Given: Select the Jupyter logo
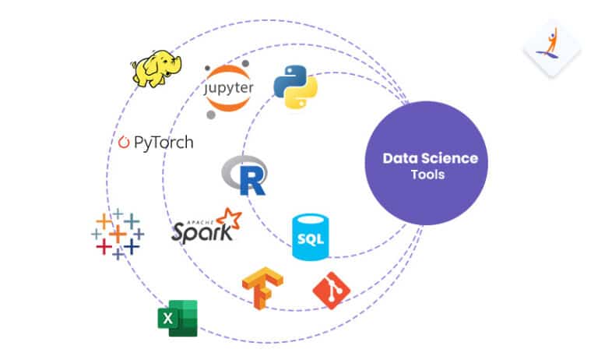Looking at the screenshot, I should pos(228,92).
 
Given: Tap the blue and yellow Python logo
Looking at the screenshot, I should pos(295,86).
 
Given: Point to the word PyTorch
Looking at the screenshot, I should pos(163,143).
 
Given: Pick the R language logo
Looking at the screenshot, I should pos(244,175).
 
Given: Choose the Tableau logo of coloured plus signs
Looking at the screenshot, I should pos(117,233).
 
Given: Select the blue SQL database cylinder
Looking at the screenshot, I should pos(307,237).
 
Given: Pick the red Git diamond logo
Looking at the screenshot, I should pos(331,291).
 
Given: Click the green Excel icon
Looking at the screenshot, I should pos(176,318).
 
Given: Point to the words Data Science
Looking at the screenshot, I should pos(430,158).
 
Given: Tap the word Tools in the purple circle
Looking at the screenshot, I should pos(428,175).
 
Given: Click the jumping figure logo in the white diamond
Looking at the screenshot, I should pos(551,47).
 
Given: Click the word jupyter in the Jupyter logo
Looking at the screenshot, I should pos(228,91).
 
